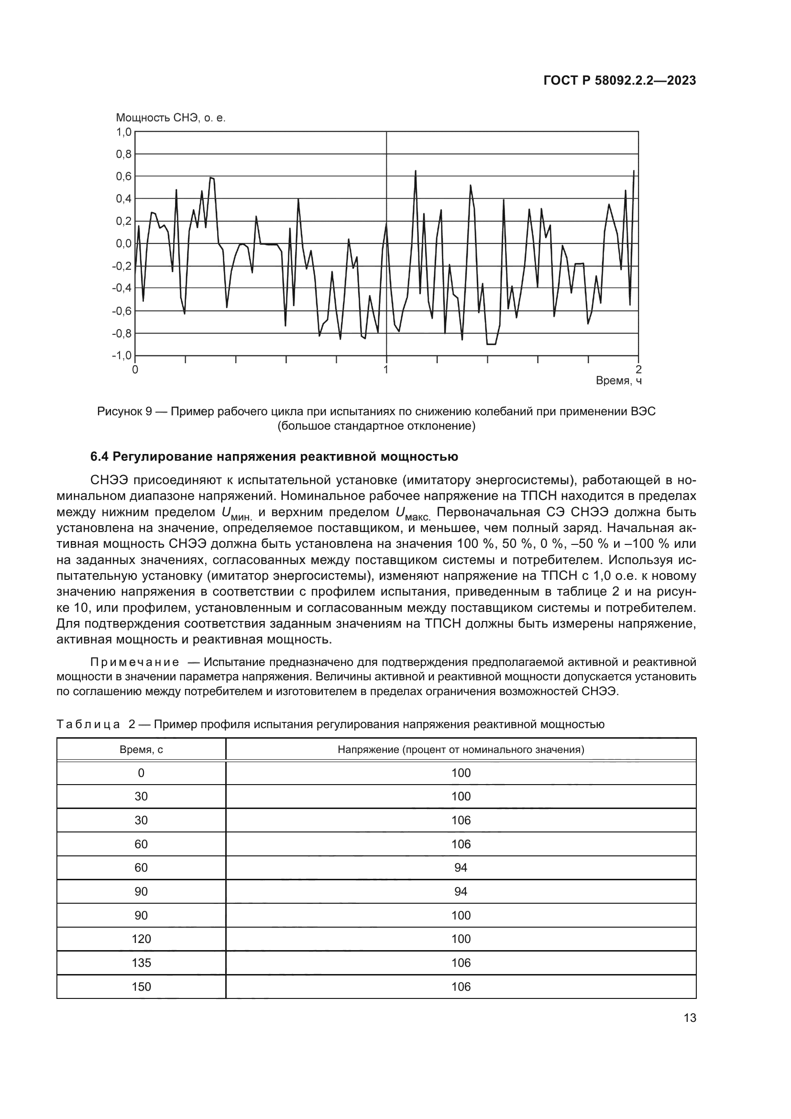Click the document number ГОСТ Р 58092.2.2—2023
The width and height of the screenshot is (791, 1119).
coord(619,81)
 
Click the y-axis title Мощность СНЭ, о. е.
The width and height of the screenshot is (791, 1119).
coord(170,118)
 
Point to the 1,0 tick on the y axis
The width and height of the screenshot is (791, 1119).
coord(123,132)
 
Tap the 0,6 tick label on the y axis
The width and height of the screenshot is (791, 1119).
coord(123,177)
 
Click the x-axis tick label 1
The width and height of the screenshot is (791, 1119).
coord(386,369)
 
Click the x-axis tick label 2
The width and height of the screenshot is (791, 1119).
coord(638,369)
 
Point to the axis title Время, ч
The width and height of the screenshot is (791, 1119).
coord(618,381)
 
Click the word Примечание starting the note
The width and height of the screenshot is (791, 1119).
coord(134,662)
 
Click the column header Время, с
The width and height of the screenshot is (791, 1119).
coord(141,750)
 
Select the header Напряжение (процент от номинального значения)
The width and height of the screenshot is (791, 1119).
coord(461,750)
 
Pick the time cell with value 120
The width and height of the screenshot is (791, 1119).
coord(141,939)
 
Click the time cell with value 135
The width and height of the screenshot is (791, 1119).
coord(141,963)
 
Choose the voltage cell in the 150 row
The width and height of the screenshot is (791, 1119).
coord(461,987)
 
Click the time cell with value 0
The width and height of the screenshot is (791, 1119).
coord(141,773)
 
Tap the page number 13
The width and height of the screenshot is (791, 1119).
coord(690,1018)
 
